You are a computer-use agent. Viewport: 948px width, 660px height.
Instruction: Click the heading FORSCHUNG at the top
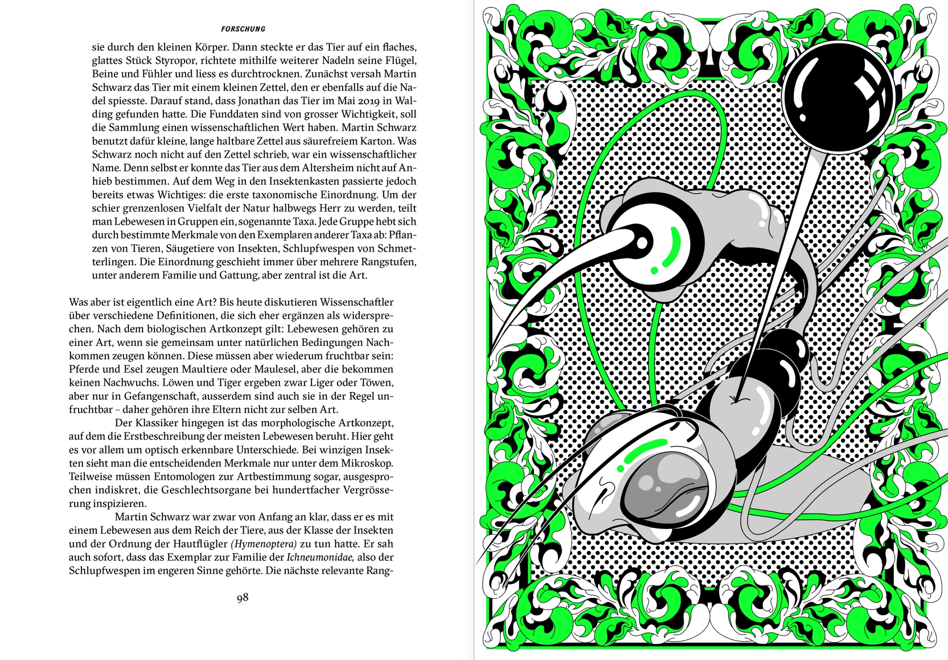[x=243, y=29]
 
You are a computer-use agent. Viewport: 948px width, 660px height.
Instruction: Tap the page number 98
[x=242, y=598]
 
